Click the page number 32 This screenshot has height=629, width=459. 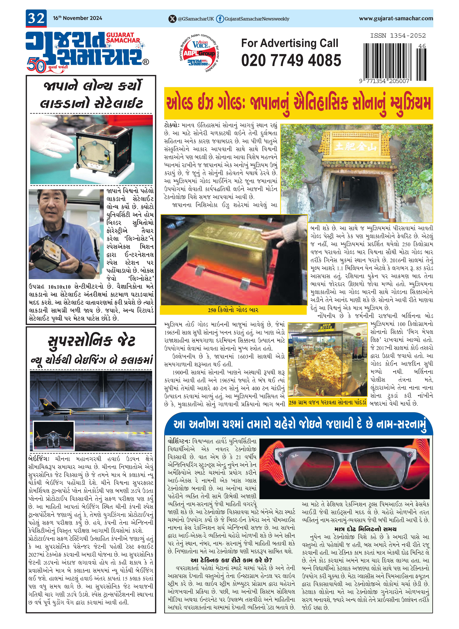point(36,18)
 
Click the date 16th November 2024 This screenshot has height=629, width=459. point(78,18)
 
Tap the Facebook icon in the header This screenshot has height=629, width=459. point(220,19)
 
